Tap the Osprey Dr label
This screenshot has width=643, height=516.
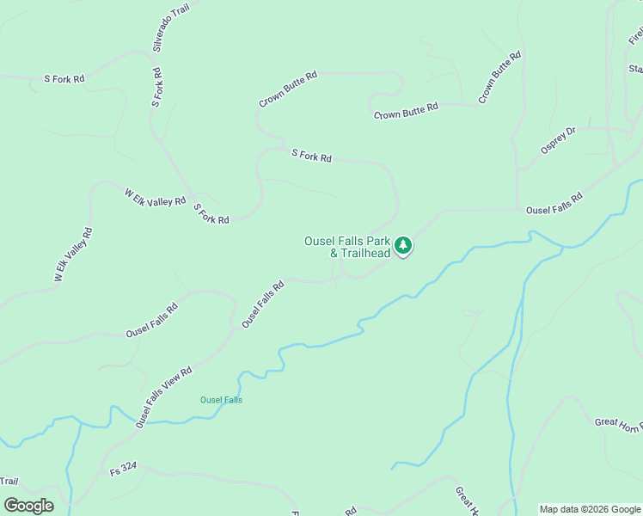point(558,140)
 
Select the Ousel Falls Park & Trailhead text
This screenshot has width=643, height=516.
point(347,247)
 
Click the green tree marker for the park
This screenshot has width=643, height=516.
point(403,247)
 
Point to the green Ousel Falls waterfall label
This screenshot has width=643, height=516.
point(221,400)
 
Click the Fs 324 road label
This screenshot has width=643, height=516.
point(123,472)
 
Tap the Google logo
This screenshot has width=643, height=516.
point(28,506)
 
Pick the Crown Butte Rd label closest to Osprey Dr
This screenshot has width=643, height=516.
point(499,78)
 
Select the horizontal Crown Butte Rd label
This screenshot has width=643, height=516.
point(406,111)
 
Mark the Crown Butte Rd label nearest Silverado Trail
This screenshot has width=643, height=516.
point(288,89)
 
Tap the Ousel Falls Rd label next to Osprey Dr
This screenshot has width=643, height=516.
point(554,203)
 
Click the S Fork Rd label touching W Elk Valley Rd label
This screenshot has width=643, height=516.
point(211,214)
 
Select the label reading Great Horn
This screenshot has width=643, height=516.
point(617,423)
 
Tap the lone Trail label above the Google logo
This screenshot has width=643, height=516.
point(9,482)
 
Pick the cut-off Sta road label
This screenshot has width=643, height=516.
point(635,69)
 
